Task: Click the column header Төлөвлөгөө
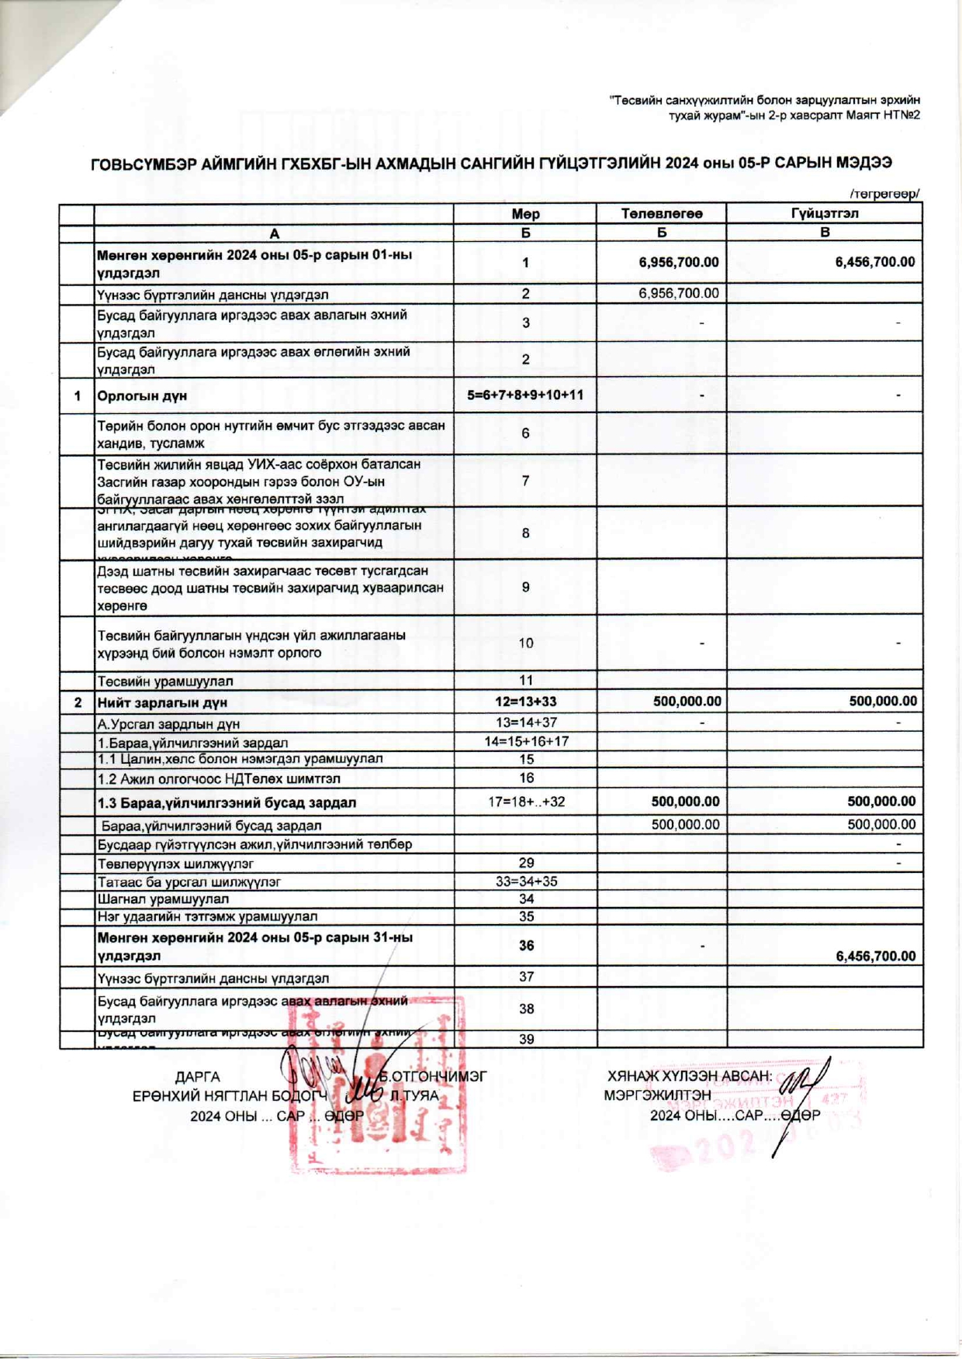point(661,214)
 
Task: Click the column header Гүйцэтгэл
point(825,213)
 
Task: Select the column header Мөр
point(525,214)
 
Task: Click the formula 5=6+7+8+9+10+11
point(525,395)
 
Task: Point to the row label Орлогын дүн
point(142,396)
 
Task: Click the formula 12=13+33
point(526,702)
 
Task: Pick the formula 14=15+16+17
point(526,741)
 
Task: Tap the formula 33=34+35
point(526,881)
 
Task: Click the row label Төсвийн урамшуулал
point(164,681)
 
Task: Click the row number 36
point(526,946)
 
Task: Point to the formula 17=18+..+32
point(526,802)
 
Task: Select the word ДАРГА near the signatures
point(197,1077)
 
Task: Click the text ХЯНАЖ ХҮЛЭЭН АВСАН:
point(690,1076)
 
